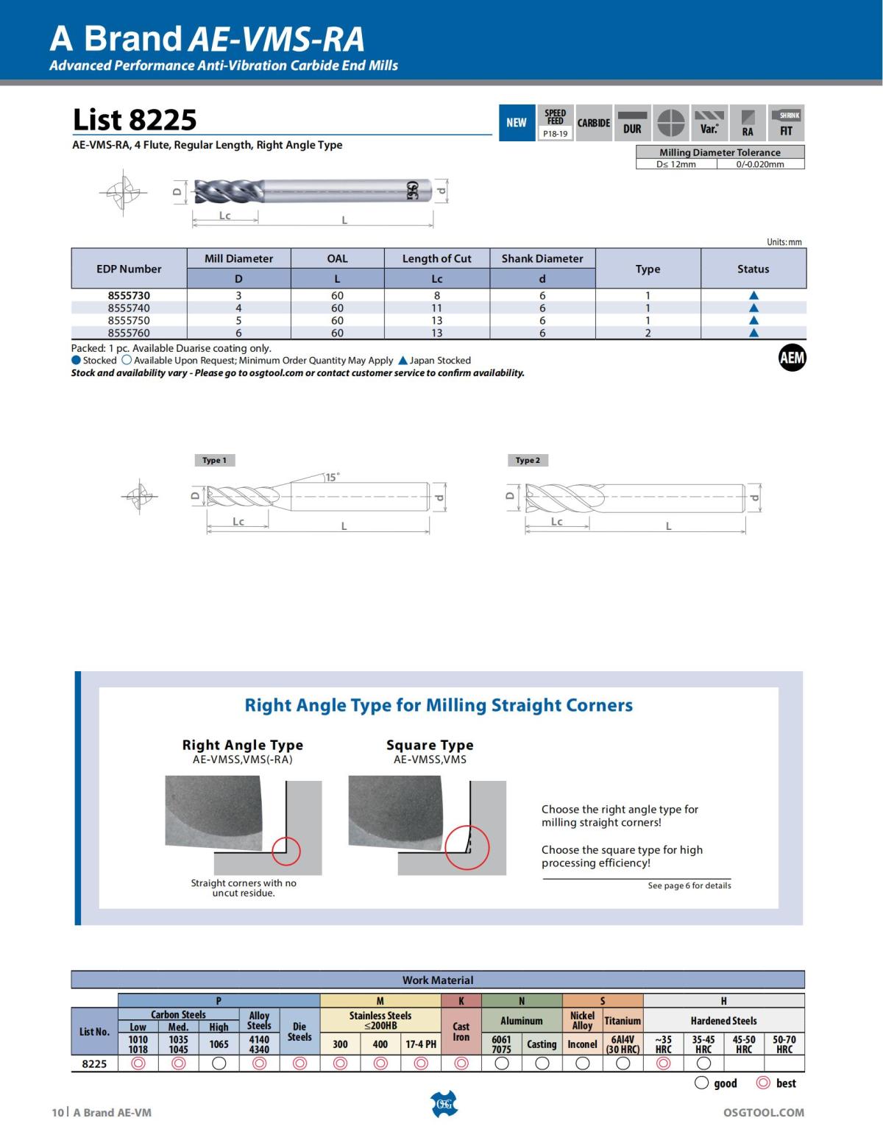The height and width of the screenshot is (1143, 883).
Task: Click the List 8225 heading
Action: pyautogui.click(x=135, y=119)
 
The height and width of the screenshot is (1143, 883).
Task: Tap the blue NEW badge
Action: pyautogui.click(x=517, y=123)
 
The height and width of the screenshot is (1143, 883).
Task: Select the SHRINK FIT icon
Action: pyautogui.click(x=786, y=123)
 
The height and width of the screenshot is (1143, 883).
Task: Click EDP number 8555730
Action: pyautogui.click(x=129, y=295)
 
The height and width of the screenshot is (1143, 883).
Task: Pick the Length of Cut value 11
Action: pyautogui.click(x=436, y=308)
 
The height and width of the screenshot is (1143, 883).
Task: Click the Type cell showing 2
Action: pyautogui.click(x=648, y=333)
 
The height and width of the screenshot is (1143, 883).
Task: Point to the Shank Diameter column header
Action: pyautogui.click(x=542, y=258)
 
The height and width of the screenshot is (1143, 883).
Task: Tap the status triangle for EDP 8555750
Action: pyautogui.click(x=753, y=320)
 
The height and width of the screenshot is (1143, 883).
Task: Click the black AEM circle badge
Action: pyautogui.click(x=792, y=358)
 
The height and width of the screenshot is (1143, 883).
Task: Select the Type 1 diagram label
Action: pyautogui.click(x=214, y=460)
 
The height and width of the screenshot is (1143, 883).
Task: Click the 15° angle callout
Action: pyautogui.click(x=333, y=477)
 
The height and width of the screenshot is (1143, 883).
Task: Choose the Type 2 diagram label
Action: pyautogui.click(x=528, y=460)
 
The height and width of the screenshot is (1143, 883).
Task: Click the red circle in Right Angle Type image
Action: pyautogui.click(x=286, y=851)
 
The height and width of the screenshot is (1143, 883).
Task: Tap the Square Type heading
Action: pyautogui.click(x=430, y=745)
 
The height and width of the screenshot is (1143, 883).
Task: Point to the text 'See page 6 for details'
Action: pyautogui.click(x=689, y=885)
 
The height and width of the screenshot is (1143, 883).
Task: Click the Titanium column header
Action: pyautogui.click(x=623, y=1021)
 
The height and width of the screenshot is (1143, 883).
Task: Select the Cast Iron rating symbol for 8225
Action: pyautogui.click(x=461, y=1063)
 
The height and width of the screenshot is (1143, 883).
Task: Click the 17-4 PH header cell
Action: pyautogui.click(x=421, y=1044)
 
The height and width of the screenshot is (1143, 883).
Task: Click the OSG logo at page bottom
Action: pyautogui.click(x=443, y=1104)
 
